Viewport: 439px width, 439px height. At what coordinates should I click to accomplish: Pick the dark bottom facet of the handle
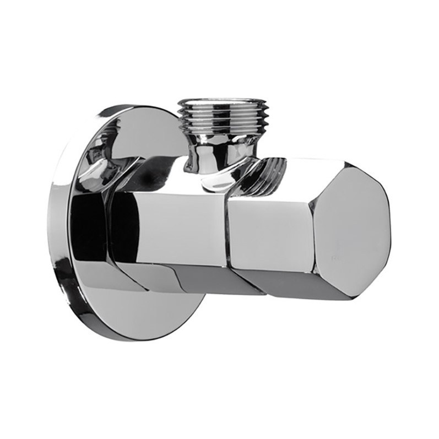[x=297, y=284]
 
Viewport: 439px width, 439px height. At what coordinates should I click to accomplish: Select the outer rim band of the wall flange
[x=58, y=220]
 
